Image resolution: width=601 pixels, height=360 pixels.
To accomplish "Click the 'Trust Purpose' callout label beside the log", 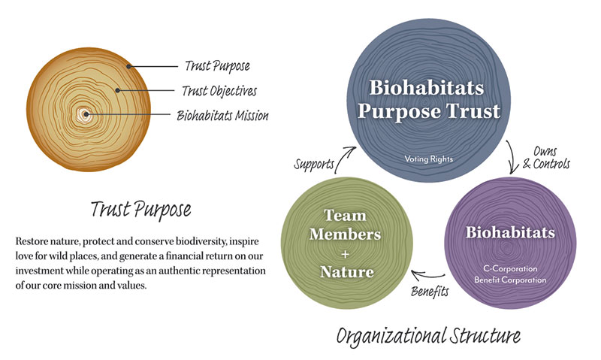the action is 217,66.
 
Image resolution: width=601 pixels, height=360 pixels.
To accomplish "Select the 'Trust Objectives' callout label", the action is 219,91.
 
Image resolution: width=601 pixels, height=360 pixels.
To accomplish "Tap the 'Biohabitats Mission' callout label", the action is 222,116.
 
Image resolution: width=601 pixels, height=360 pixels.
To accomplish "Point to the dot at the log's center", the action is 86,114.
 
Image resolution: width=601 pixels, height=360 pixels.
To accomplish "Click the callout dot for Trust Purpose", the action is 129,66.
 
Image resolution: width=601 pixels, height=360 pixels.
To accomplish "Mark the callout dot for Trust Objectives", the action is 118,90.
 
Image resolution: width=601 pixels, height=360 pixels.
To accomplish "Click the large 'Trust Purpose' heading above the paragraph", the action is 140,210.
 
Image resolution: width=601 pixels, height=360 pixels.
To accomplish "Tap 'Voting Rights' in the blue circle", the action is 428,159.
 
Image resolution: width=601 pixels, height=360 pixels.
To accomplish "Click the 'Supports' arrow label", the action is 314,164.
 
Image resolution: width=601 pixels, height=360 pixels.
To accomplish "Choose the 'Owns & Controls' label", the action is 546,158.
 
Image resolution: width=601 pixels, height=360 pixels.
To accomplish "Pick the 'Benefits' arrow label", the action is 430,292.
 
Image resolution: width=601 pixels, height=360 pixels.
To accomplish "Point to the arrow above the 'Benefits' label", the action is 427,275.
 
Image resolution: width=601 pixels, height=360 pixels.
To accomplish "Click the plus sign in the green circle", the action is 346,254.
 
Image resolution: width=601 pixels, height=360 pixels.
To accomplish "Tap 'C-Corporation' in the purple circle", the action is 510,268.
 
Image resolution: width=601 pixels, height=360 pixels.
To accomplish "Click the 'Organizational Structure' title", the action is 428,336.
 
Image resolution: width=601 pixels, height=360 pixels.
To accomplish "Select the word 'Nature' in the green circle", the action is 347,272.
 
